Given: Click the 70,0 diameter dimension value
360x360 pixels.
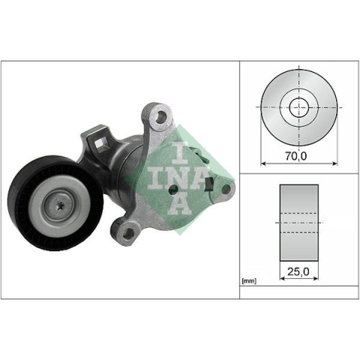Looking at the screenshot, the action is pyautogui.click(x=295, y=156).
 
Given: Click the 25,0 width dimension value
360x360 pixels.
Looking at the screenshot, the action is pyautogui.click(x=298, y=271).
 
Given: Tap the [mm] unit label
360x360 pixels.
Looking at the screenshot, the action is pyautogui.click(x=249, y=281).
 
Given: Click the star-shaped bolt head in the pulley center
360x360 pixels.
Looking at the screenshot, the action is pyautogui.click(x=60, y=205).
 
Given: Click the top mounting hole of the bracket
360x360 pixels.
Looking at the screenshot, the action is pyautogui.click(x=160, y=116).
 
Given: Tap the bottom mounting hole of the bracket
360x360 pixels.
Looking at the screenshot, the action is pyautogui.click(x=128, y=233).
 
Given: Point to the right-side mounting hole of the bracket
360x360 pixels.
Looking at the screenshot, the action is pyautogui.click(x=226, y=190).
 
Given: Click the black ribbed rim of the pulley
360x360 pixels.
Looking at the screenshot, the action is pyautogui.click(x=17, y=202).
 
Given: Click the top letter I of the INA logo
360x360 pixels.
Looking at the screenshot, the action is pyautogui.click(x=181, y=153).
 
